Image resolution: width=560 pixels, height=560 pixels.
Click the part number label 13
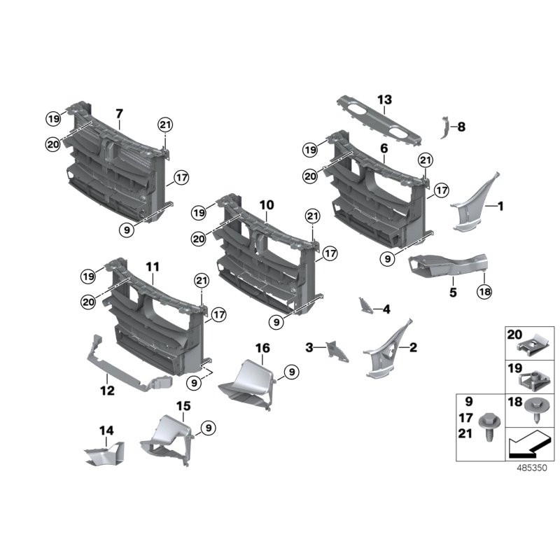point(385,100)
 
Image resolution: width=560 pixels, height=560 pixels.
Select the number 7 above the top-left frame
point(119,113)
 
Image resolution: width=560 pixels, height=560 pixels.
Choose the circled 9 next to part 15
point(208,428)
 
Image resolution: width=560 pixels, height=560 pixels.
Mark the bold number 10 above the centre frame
point(266,205)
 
